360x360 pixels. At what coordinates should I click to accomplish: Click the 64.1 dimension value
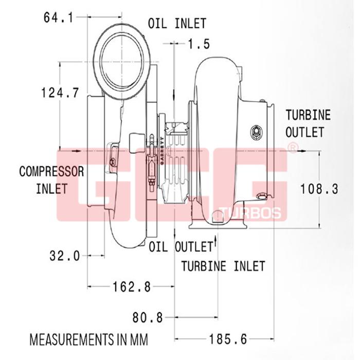coord(58,17)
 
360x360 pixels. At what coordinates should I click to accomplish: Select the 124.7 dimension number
coord(60,93)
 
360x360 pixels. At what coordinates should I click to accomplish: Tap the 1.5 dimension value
coord(199,44)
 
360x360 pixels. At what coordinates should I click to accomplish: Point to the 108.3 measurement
coord(319,189)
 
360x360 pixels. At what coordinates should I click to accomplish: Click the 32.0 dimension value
coord(65,256)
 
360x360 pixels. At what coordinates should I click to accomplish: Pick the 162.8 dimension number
coord(132,286)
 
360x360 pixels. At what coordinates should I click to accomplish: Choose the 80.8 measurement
coord(148,318)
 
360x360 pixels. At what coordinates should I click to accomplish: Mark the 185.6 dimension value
coord(228,339)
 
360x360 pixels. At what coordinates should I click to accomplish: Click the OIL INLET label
coord(177,24)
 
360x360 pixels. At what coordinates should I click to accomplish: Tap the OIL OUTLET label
coord(181,246)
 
